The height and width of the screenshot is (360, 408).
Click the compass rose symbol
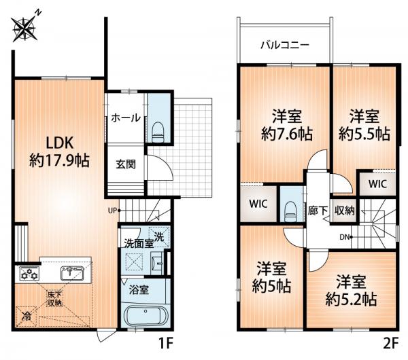click(25, 28)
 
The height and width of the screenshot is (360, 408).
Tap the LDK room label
click(60, 143)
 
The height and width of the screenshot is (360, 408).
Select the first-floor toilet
click(158, 132)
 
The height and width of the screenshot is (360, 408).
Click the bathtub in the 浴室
click(146, 316)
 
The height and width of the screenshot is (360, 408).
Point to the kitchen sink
click(72, 273)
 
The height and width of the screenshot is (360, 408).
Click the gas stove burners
click(29, 274)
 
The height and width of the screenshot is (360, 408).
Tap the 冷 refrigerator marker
click(26, 316)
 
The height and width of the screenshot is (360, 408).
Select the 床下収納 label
click(54, 299)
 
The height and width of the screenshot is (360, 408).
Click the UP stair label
click(112, 211)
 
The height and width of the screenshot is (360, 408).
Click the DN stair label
click(344, 237)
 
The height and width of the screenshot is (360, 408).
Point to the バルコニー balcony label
click(285, 45)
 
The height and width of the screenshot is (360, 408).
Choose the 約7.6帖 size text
click(287, 134)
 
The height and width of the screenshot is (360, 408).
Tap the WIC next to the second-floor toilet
click(258, 204)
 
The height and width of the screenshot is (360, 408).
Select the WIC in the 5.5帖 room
click(377, 184)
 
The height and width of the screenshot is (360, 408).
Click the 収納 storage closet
click(344, 211)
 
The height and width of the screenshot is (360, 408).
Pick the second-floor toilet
click(290, 211)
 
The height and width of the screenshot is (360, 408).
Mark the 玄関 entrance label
click(126, 164)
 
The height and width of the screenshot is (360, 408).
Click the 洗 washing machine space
click(159, 237)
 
